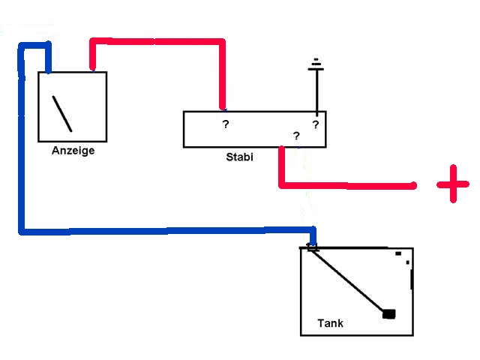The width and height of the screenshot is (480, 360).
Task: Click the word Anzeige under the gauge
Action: point(73,151)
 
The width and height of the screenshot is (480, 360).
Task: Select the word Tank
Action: point(330,324)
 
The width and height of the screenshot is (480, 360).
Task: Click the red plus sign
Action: point(453,184)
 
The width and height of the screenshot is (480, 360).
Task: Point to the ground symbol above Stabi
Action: point(316,65)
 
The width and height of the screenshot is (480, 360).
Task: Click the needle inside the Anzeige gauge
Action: point(62,113)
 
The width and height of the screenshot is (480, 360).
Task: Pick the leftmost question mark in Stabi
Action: point(225,124)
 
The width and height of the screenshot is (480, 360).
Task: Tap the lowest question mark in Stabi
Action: point(296,136)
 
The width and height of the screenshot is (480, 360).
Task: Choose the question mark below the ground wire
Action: point(316,124)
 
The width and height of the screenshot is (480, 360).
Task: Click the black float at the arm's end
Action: point(388,313)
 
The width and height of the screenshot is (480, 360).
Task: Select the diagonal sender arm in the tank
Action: point(349,280)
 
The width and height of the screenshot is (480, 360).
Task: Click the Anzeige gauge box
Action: point(73,106)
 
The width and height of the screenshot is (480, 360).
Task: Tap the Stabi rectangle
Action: point(254,130)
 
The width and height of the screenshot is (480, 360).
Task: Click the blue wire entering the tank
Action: point(313,235)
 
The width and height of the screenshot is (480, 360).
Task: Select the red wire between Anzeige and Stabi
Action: point(157,41)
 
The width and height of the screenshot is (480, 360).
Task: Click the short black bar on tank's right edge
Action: point(412,279)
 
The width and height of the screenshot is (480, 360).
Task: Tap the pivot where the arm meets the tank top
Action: point(312,247)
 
